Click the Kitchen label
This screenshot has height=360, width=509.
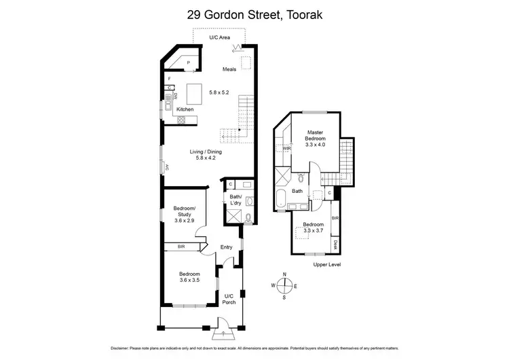click(x=185, y=109)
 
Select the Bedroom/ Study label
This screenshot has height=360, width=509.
click(x=184, y=211)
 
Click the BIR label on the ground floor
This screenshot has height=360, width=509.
click(x=182, y=247)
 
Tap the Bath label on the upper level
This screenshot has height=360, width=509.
click(x=297, y=192)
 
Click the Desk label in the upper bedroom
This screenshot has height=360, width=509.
click(x=335, y=243)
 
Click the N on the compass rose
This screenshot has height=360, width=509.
click(x=284, y=274)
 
